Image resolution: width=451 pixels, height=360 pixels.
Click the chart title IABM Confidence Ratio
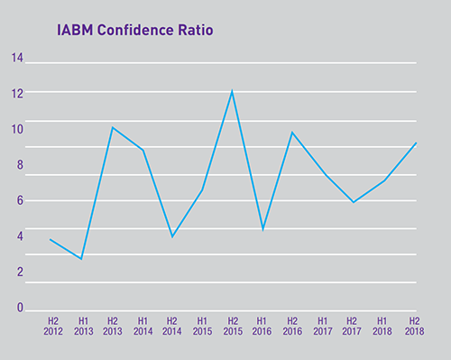pos(135,33)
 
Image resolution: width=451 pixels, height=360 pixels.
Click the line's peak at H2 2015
pos(232,90)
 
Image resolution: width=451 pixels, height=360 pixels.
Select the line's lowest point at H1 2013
pos(82,259)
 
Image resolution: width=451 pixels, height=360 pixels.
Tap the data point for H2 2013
pos(112,127)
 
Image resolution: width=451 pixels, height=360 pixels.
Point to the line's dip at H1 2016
pos(262,229)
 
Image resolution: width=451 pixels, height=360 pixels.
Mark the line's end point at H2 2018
pos(416,143)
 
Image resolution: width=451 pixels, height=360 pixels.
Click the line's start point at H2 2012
pos(51,239)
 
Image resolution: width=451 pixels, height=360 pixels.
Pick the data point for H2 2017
pos(354,202)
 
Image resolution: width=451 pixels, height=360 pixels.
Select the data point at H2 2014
pos(171,236)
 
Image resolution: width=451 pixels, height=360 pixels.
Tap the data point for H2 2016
pos(291,133)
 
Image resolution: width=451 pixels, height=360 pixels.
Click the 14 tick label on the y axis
pos(17,59)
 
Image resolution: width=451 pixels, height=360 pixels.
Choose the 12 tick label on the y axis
pos(17,92)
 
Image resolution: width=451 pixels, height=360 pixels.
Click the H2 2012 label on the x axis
pos(51,325)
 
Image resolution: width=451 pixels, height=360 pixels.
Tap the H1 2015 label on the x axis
pos(202,325)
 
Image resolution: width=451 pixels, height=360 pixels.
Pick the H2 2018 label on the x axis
pos(414,325)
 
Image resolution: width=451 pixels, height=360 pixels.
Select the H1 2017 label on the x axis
pos(322,325)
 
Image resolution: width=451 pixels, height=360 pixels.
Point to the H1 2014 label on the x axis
pos(142,325)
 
